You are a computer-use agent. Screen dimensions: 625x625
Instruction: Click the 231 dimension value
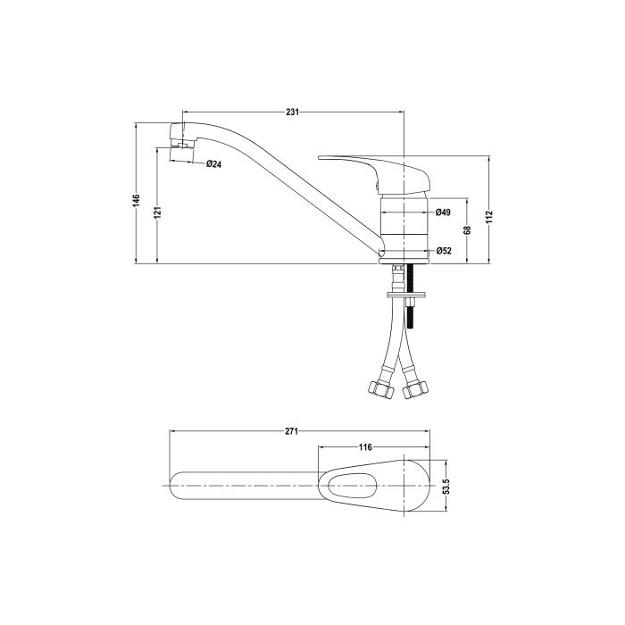[x=292, y=112]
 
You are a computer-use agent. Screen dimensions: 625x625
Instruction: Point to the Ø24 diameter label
[x=213, y=163]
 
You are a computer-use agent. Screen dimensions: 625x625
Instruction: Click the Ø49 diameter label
[x=443, y=212]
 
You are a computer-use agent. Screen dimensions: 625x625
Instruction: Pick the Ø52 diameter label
[x=443, y=252]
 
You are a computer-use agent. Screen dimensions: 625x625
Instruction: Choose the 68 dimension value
[x=467, y=230]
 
